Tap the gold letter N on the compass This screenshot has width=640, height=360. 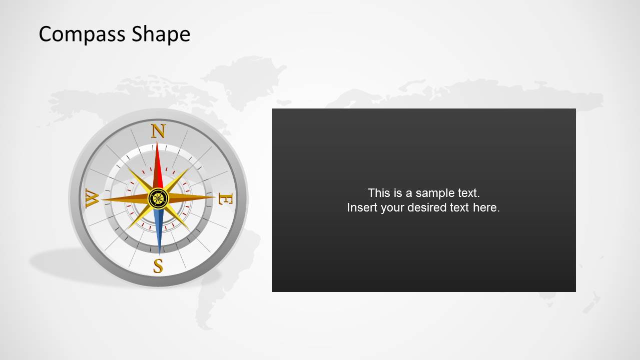158,131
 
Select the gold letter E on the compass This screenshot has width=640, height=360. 225,199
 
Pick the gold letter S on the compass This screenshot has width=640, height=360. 158,266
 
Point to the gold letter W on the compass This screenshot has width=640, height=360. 92,198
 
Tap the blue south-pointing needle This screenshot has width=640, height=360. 159,230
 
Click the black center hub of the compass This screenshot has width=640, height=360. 158,198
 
